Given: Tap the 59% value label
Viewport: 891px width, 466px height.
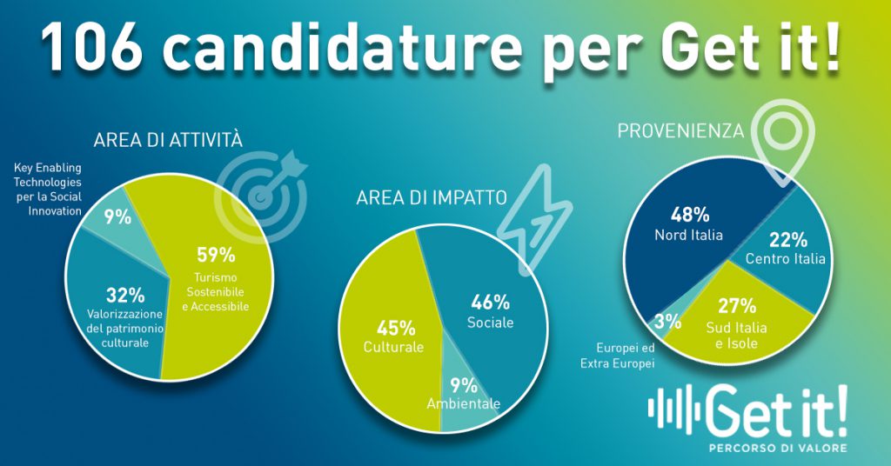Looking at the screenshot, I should [215, 256].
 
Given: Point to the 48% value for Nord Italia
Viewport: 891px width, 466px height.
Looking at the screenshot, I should [689, 215].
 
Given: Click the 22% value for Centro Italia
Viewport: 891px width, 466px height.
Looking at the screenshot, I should [788, 240].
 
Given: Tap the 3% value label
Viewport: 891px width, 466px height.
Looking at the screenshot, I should [667, 322].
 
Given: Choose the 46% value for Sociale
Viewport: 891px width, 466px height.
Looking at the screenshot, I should [490, 303].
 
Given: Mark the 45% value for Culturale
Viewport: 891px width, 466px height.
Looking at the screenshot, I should [395, 329].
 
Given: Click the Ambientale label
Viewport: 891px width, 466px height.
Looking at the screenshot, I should [464, 403].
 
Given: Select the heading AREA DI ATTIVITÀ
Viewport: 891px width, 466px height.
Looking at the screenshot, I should [167, 139].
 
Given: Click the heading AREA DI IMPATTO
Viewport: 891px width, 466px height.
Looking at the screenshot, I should [432, 198].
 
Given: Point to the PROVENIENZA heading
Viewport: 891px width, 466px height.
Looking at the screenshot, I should [680, 131].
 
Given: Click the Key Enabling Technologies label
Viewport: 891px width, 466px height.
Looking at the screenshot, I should [48, 187].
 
